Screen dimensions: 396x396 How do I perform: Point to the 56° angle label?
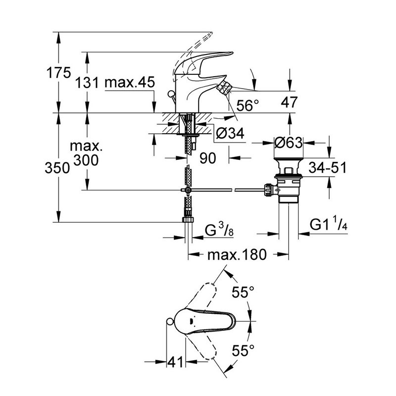(x=247, y=105)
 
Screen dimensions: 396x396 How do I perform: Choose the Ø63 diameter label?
(x=288, y=143)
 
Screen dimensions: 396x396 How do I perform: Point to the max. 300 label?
(x=85, y=153)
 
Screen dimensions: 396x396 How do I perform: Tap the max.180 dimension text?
(x=237, y=255)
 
